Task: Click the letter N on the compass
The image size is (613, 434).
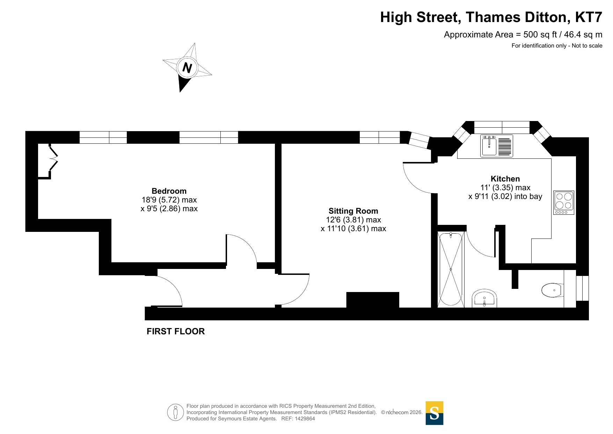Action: coord(187,67)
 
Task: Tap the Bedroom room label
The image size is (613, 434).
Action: coord(169,191)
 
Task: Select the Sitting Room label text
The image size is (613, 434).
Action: coord(353,211)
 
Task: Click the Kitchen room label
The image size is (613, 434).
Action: coord(505,179)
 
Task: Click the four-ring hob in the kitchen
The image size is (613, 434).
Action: coord(564,202)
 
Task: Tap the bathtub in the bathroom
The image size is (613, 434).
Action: coord(451,269)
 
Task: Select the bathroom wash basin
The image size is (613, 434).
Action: coord(484,298)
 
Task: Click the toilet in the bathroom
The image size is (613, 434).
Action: coord(552,290)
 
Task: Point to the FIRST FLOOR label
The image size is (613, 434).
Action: coord(176,331)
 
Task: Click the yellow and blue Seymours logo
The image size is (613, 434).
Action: coord(434,413)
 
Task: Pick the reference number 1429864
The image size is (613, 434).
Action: coord(305,419)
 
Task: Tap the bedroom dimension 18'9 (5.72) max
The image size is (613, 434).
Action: coord(169,200)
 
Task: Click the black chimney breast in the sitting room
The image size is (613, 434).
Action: coord(372,300)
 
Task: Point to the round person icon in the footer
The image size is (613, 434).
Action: coord(175,412)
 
